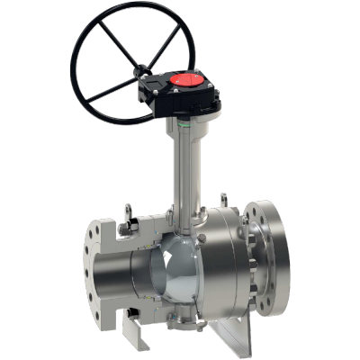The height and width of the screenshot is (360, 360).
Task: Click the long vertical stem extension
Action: click(x=182, y=166)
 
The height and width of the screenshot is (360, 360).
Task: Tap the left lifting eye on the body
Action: click(x=129, y=217)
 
